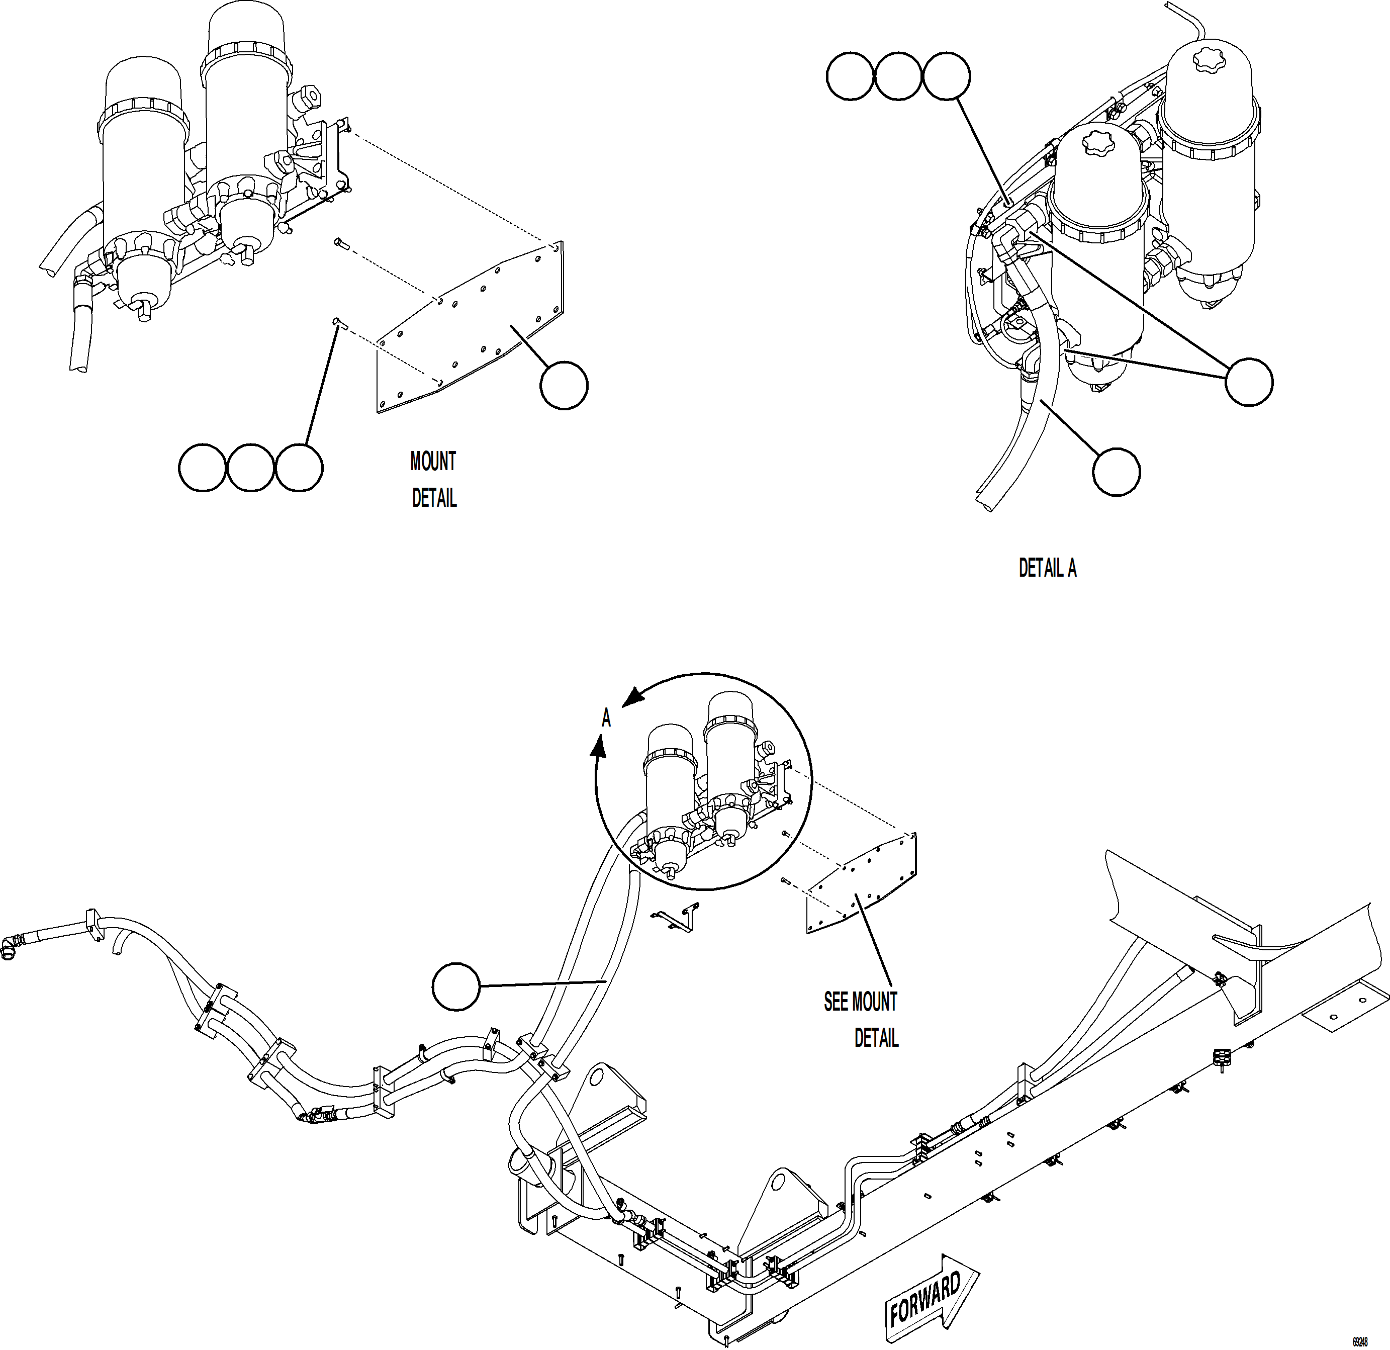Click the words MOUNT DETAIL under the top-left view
tap(433, 480)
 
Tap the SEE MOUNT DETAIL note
tap(862, 1020)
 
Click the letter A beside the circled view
tap(606, 718)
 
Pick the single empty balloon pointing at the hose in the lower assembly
tap(456, 986)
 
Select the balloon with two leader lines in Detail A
tap(1248, 382)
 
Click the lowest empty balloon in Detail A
tap(1116, 471)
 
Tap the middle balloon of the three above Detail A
tap(898, 76)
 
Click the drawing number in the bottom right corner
tap(1359, 1341)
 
